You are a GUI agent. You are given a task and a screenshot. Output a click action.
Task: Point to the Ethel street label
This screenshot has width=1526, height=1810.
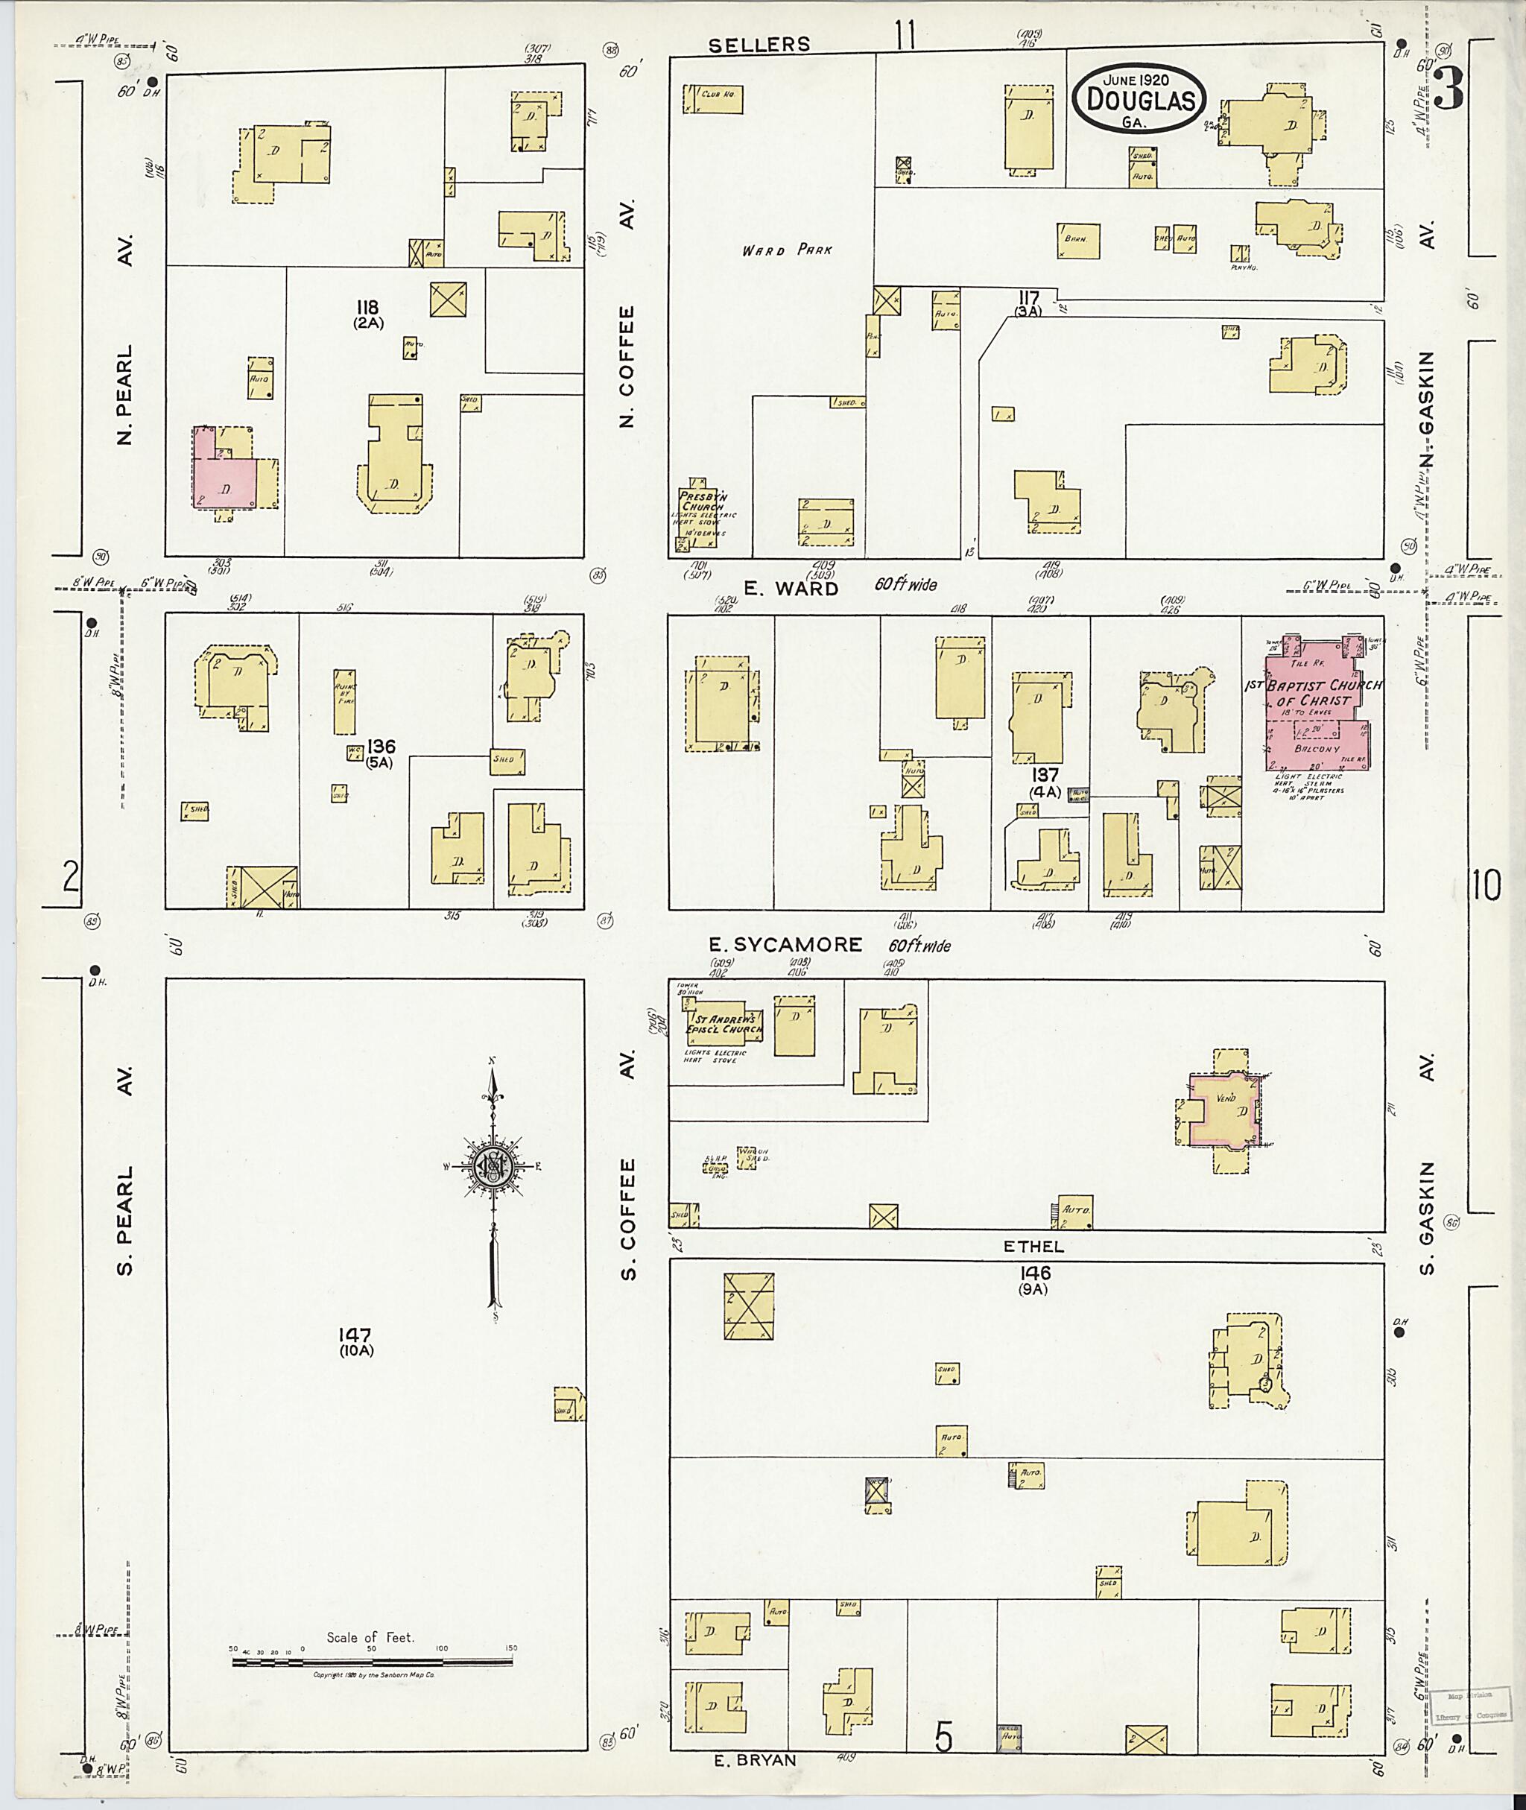pos(1033,1247)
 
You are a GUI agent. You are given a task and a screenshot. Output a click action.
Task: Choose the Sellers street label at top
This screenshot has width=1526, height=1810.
pos(759,45)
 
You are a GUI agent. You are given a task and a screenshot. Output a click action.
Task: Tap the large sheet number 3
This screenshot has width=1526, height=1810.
pos(1450,89)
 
